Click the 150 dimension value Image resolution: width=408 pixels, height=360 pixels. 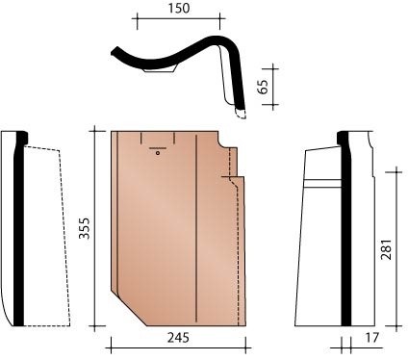[x=179, y=9]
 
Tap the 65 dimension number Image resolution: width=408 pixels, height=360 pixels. [x=264, y=87]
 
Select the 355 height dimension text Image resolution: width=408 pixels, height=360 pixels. [x=85, y=228]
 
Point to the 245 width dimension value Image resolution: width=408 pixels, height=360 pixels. [x=178, y=338]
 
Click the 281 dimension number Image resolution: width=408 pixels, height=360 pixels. [x=386, y=249]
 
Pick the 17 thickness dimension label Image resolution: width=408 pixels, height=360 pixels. [x=371, y=338]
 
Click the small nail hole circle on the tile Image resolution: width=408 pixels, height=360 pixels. [x=158, y=153]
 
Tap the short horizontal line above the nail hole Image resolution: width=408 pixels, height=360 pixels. [x=158, y=148]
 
